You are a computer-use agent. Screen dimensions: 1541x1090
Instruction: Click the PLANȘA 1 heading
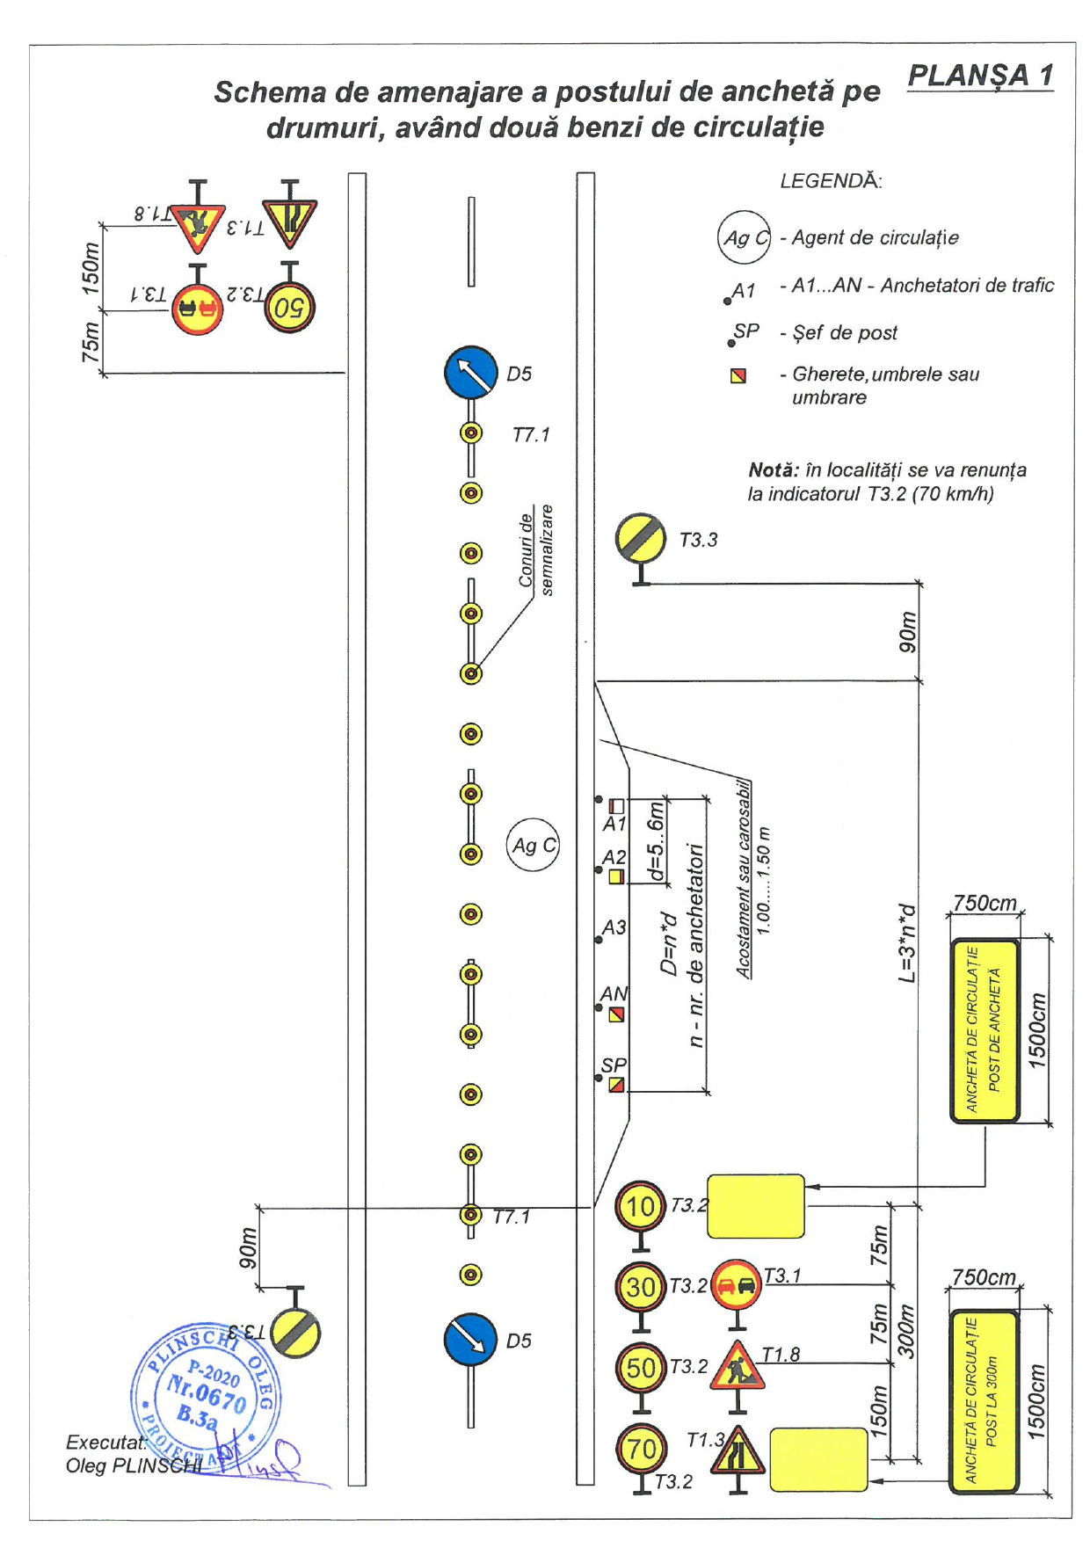(980, 76)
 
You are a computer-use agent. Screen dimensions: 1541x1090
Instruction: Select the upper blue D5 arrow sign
(471, 372)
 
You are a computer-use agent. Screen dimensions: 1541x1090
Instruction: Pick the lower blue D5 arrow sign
(471, 1339)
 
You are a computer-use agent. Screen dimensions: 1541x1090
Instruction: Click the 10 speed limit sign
(641, 1206)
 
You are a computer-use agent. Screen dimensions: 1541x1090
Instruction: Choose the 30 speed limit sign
(641, 1287)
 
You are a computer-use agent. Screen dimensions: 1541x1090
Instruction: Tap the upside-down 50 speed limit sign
(289, 307)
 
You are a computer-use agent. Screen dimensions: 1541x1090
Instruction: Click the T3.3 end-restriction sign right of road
(641, 539)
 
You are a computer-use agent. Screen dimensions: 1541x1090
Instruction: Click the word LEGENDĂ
(831, 181)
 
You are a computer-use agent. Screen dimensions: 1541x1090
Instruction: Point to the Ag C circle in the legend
(744, 237)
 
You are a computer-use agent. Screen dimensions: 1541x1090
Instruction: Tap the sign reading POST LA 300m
(984, 1401)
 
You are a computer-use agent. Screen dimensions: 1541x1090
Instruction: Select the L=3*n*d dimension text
(906, 942)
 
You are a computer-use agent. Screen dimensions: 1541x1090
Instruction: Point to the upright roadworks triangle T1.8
(738, 1365)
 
